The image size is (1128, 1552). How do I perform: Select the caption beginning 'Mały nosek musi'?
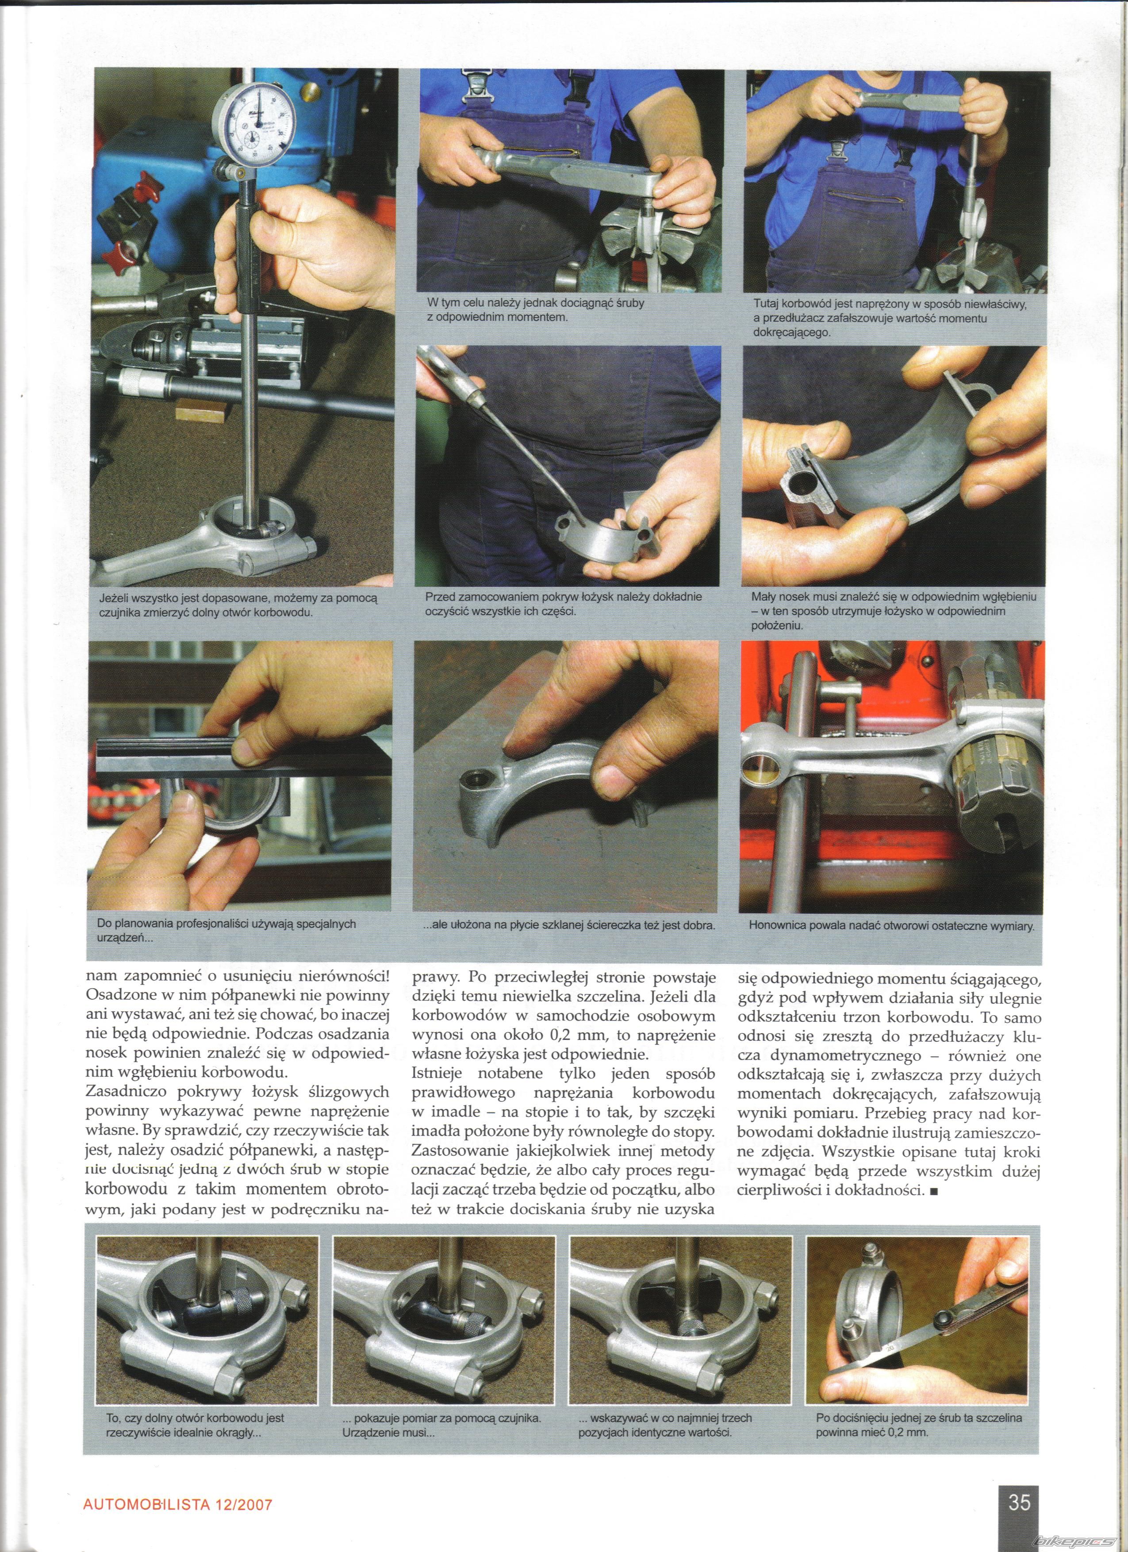(x=893, y=611)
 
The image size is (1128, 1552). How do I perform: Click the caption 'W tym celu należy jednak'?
(x=535, y=310)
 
